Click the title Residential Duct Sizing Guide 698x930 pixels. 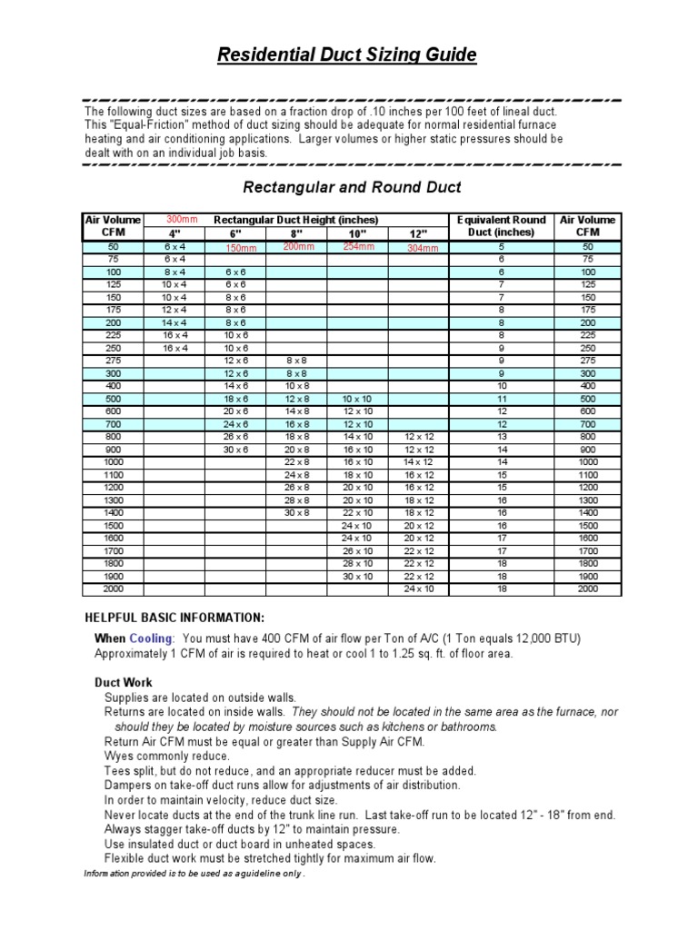347,55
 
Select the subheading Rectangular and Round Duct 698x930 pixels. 351,188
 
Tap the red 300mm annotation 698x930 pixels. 182,220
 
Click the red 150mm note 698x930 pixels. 241,248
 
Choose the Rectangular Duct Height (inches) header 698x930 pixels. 295,220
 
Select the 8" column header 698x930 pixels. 296,232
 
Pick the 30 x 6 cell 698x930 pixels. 235,450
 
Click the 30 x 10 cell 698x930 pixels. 357,576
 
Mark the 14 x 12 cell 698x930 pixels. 419,462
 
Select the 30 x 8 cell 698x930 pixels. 296,513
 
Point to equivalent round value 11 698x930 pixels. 501,399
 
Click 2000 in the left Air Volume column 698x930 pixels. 113,589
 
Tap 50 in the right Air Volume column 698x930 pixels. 587,246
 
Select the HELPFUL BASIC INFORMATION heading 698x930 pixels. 174,618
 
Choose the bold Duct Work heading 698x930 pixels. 124,682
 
